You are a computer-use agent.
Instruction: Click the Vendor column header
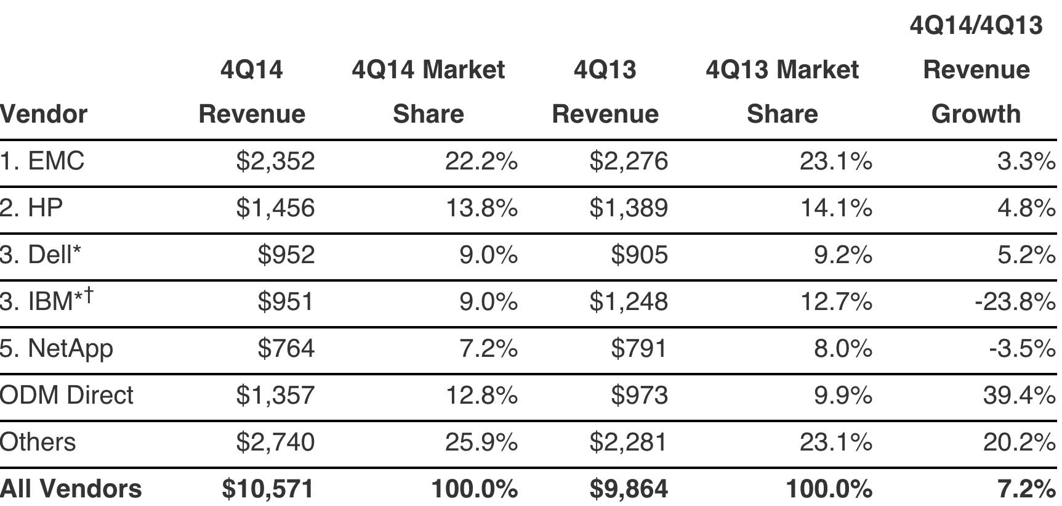[x=44, y=114]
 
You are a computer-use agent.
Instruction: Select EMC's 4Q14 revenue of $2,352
[x=275, y=161]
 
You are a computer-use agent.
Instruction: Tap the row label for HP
[x=31, y=208]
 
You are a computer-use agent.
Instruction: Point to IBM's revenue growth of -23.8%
[x=1015, y=301]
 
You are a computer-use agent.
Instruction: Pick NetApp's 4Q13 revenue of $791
[x=638, y=348]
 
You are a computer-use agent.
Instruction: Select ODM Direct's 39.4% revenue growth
[x=1020, y=395]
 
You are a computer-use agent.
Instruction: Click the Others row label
[x=38, y=442]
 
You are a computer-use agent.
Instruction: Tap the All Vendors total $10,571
[x=268, y=489]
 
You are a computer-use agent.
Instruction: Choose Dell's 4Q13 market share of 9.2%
[x=843, y=255]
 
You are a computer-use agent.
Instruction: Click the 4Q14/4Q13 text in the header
[x=976, y=25]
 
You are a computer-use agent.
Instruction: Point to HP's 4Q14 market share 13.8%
[x=481, y=208]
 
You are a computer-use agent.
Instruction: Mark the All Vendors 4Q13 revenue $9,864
[x=629, y=489]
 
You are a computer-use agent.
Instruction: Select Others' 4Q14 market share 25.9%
[x=481, y=442]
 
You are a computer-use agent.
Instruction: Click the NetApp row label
[x=57, y=349]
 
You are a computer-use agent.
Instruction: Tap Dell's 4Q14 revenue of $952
[x=286, y=255]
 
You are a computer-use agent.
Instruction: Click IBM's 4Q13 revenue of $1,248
[x=629, y=301]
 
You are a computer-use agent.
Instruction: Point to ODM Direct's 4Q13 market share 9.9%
[x=843, y=395]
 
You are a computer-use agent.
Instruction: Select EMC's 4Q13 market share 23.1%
[x=836, y=161]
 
